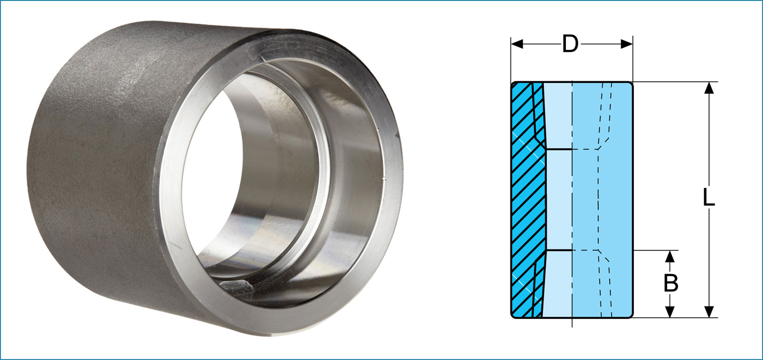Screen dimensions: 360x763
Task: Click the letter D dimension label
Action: point(570,44)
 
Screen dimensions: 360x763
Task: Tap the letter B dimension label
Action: point(670,284)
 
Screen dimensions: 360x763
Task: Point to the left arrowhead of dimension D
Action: point(517,44)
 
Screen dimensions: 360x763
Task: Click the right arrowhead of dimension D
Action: point(627,44)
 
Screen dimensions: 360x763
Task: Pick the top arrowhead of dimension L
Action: point(709,88)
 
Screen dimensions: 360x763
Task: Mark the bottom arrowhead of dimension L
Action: point(709,311)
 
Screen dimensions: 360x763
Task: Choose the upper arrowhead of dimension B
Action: point(670,256)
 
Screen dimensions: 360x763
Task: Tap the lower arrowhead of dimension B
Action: point(670,312)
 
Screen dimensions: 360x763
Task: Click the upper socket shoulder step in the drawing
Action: point(558,149)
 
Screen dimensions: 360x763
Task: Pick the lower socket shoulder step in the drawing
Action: point(558,250)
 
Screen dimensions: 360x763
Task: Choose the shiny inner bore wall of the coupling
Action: point(288,206)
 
